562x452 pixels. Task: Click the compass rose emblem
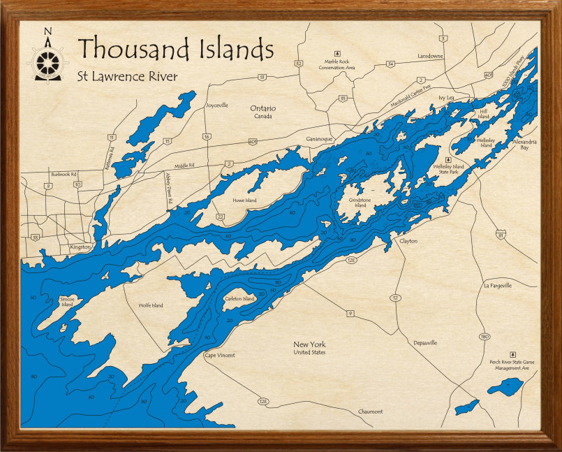pyautogui.click(x=47, y=59)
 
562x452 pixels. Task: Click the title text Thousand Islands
pyautogui.click(x=175, y=49)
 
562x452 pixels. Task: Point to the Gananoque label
pyautogui.click(x=320, y=139)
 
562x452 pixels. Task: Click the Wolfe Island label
pyautogui.click(x=151, y=305)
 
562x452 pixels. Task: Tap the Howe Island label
pyautogui.click(x=244, y=201)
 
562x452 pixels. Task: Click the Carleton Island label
pyautogui.click(x=239, y=298)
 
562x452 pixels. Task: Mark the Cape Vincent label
pyautogui.click(x=219, y=355)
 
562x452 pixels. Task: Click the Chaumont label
pyautogui.click(x=370, y=411)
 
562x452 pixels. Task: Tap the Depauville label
pyautogui.click(x=425, y=343)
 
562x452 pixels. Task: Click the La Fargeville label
pyautogui.click(x=498, y=285)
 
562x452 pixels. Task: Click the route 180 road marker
pyautogui.click(x=485, y=337)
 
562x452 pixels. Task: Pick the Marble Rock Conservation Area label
pyautogui.click(x=337, y=64)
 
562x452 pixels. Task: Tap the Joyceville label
pyautogui.click(x=216, y=105)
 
